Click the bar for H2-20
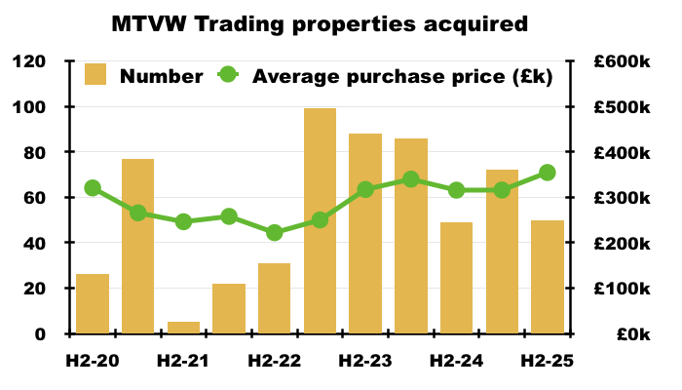pyautogui.click(x=93, y=303)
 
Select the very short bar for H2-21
pyautogui.click(x=183, y=328)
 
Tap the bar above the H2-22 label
pyautogui.click(x=275, y=298)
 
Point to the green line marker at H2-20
pyautogui.click(x=93, y=188)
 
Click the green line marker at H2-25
pyautogui.click(x=548, y=173)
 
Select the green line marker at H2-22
pyautogui.click(x=275, y=232)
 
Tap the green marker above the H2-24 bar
pyautogui.click(x=456, y=190)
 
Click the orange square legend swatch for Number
pyautogui.click(x=95, y=75)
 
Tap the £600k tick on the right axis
pyautogui.click(x=623, y=61)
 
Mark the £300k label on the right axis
pyautogui.click(x=623, y=198)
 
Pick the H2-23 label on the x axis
pyautogui.click(x=365, y=361)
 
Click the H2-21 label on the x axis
pyautogui.click(x=183, y=361)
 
